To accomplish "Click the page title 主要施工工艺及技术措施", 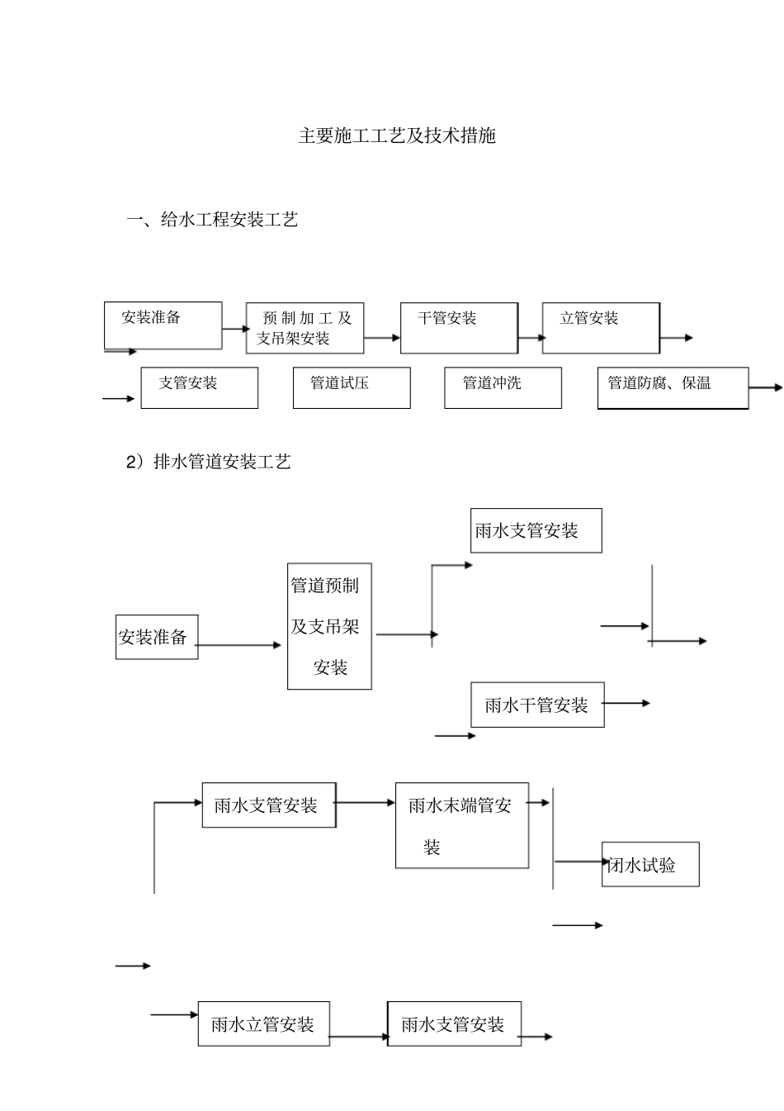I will pos(396,136).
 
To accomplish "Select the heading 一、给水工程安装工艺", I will pos(211,220).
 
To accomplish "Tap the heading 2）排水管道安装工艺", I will pos(208,462).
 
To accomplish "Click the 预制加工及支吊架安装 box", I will pos(305,328).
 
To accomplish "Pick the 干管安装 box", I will pos(459,328).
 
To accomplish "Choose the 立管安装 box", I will pos(600,328).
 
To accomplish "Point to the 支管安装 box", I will pos(199,387).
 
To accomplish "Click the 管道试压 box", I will pos(352,387).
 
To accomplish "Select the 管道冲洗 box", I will pos(503,387).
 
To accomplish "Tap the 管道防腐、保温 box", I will pos(673,387).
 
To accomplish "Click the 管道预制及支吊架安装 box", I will pos(329,626).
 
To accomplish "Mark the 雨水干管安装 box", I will pos(537,705).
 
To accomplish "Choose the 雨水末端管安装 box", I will pos(461,825).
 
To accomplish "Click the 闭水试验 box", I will pos(650,864).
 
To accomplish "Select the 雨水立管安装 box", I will pos(263,1024).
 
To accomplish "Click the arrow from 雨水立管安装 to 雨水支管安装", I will pos(359,1037).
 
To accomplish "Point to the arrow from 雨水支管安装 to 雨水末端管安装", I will pos(366,802).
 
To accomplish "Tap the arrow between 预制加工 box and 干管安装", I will pos(381,338).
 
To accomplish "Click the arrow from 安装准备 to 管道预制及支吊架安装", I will pos(239,645).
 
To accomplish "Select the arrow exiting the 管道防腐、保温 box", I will pos(765,387).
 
